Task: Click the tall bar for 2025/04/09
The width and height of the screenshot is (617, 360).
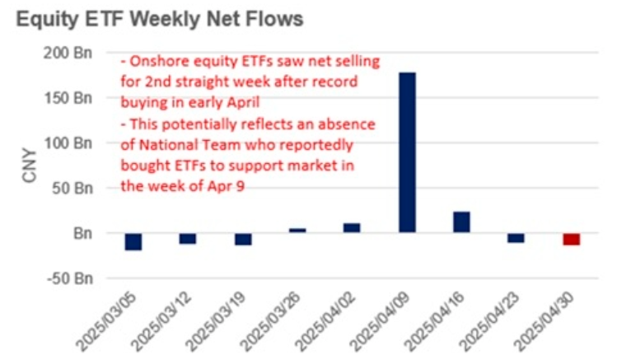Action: point(407,152)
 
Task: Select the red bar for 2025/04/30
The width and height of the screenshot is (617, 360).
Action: point(572,239)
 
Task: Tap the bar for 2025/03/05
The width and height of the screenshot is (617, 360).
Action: point(133,241)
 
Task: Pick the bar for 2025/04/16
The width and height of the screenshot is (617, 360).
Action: point(461,222)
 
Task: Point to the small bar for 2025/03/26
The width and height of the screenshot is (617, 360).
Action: point(297,231)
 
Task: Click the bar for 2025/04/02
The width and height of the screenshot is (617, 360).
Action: point(352,228)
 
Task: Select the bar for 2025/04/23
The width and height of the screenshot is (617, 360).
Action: point(516,238)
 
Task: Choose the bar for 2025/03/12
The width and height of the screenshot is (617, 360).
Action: point(188,239)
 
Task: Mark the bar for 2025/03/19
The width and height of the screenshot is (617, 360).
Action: point(243,239)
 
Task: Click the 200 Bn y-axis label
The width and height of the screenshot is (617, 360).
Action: point(68,53)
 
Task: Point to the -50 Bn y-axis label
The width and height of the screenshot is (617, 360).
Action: point(70,278)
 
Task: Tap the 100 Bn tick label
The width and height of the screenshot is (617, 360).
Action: point(68,143)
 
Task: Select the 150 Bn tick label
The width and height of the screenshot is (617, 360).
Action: point(68,98)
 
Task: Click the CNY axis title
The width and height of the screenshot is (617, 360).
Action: point(30,166)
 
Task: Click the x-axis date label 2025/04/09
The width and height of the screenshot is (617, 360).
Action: point(380,322)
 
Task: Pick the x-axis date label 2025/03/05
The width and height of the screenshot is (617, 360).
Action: point(106,322)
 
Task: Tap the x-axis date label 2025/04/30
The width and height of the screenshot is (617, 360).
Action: point(544,322)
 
